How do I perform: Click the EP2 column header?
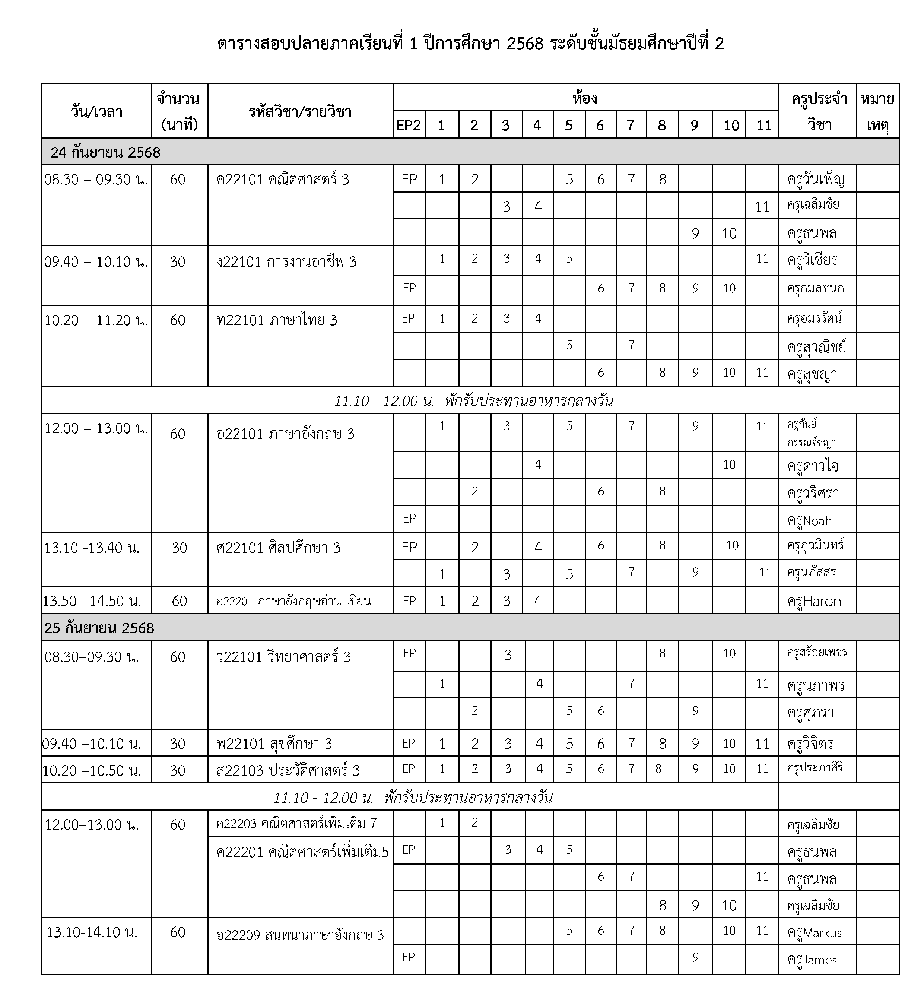[409, 125]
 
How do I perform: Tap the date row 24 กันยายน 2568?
[105, 152]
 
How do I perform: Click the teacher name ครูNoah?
[809, 521]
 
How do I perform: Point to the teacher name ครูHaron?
[814, 601]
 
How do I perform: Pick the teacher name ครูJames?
[812, 960]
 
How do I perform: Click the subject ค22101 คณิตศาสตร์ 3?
[282, 179]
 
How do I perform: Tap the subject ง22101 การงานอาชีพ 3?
[286, 262]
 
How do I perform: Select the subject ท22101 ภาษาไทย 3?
[276, 320]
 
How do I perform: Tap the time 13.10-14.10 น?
[92, 932]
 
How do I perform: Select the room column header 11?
[764, 125]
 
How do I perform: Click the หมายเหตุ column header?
[877, 111]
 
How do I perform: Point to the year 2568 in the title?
[524, 44]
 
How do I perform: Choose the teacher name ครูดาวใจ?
[812, 466]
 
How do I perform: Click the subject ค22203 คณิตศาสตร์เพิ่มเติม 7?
[296, 823]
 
